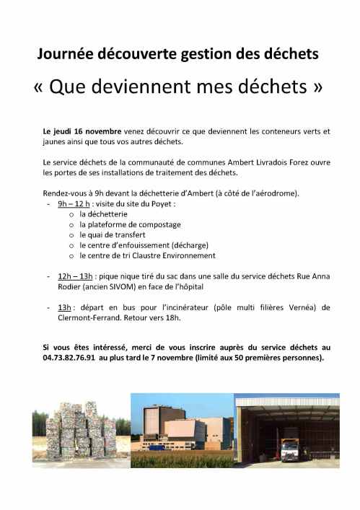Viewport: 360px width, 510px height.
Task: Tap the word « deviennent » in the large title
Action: coord(152,89)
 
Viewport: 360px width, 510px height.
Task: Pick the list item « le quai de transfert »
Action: coord(107,234)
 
